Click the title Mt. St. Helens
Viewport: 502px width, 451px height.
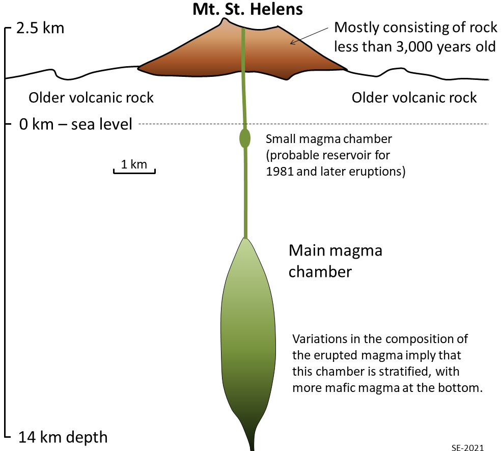pyautogui.click(x=247, y=9)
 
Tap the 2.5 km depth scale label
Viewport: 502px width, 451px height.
pyautogui.click(x=40, y=28)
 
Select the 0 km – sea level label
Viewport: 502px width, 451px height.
pyautogui.click(x=75, y=124)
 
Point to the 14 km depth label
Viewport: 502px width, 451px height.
pyautogui.click(x=63, y=437)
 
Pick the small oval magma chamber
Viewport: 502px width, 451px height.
pyautogui.click(x=245, y=138)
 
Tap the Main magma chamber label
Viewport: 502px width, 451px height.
pyautogui.click(x=336, y=261)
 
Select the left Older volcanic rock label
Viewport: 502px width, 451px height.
pyautogui.click(x=91, y=98)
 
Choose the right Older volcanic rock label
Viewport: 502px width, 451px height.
pyautogui.click(x=414, y=98)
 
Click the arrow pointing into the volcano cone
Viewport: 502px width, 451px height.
pyautogui.click(x=309, y=36)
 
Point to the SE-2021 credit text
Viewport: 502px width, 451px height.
pyautogui.click(x=468, y=447)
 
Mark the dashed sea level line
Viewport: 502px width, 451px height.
pyautogui.click(x=314, y=124)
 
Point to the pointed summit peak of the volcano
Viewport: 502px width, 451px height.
pyautogui.click(x=224, y=19)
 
